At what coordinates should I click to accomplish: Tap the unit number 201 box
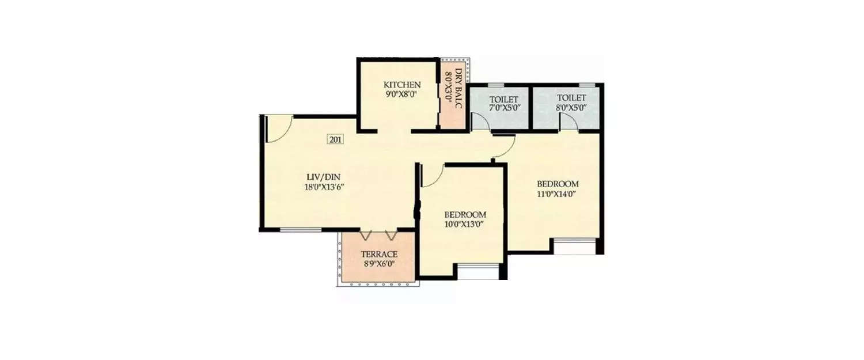click(335, 139)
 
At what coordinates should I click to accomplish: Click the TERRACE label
click(379, 254)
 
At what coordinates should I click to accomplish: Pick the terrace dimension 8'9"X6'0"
click(379, 264)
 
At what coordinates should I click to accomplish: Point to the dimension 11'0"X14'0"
click(557, 194)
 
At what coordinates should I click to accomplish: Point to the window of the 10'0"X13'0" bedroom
click(478, 272)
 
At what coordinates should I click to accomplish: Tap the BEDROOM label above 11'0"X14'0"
click(557, 184)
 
